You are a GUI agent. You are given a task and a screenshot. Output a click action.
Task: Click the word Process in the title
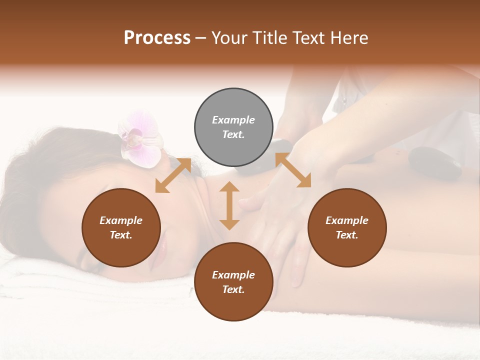(x=157, y=38)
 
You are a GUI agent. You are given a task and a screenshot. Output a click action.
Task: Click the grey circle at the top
(x=233, y=127)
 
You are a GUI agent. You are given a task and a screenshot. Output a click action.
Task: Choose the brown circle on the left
(x=121, y=227)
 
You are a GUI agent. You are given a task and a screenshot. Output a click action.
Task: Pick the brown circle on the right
(x=347, y=227)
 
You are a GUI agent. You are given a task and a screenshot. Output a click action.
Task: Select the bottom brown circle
(x=233, y=281)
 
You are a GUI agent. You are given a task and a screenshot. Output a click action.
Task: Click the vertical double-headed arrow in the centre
(x=229, y=205)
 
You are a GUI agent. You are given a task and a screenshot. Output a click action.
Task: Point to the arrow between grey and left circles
(x=173, y=175)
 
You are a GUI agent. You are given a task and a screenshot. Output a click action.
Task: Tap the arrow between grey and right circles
(x=293, y=170)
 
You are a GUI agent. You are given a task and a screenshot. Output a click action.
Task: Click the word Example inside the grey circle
(x=233, y=120)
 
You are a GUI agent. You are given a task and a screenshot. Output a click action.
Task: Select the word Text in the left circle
(x=120, y=235)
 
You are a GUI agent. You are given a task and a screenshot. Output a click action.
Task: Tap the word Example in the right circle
(x=347, y=220)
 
